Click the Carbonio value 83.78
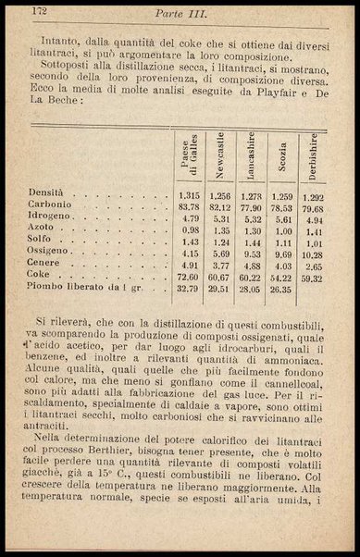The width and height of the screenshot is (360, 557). point(189,208)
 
